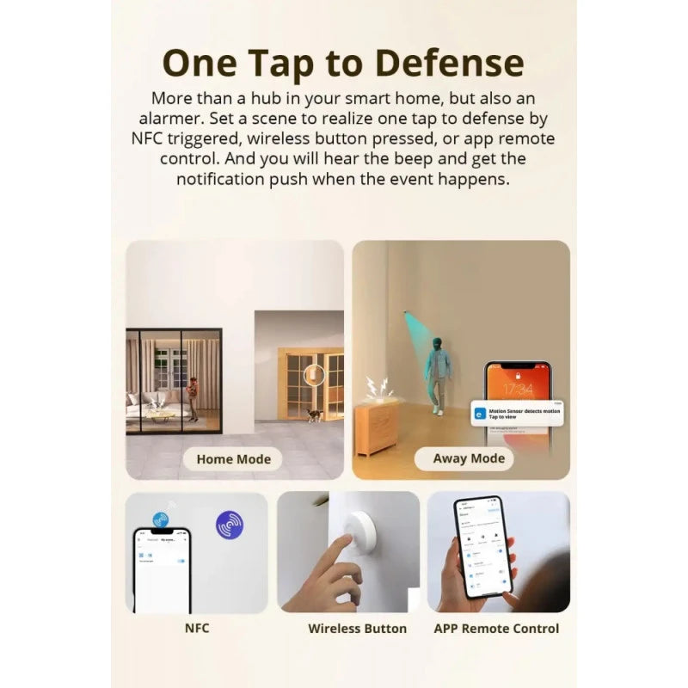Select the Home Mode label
[x=233, y=459]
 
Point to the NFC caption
[x=197, y=628]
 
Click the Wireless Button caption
[x=357, y=629]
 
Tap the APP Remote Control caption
[x=496, y=629]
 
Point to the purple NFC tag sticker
[x=229, y=523]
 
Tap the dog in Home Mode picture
[x=315, y=415]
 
